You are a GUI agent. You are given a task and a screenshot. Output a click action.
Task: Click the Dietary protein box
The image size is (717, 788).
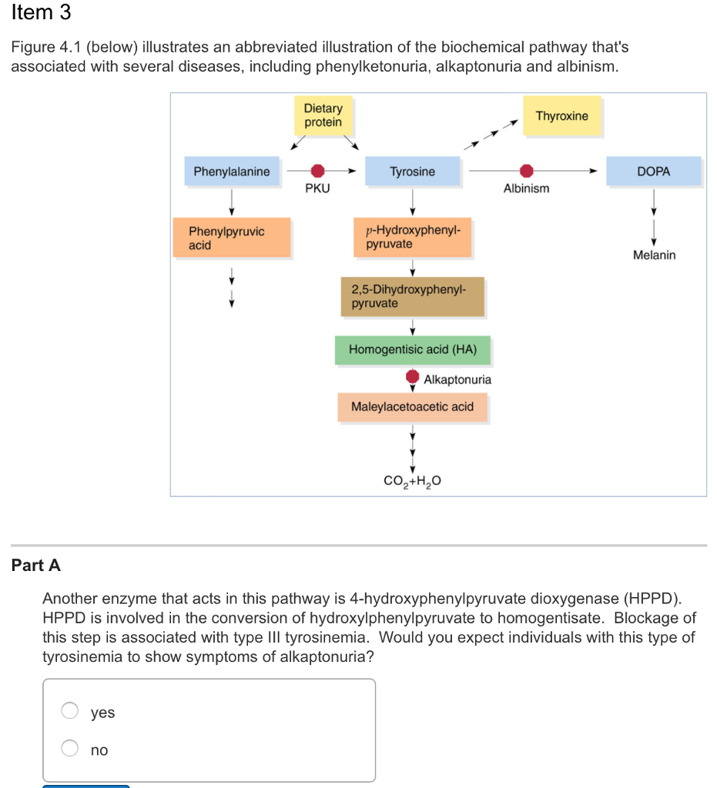(323, 115)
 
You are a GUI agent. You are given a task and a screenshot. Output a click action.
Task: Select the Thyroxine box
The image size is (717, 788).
(561, 116)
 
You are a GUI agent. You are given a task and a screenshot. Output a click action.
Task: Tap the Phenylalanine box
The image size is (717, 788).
(231, 172)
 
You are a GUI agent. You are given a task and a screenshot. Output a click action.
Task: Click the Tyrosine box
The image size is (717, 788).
(413, 172)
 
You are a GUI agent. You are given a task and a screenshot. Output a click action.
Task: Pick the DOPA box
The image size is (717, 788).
(654, 172)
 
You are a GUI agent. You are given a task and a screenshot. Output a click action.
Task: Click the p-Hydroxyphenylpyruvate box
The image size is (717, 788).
(413, 237)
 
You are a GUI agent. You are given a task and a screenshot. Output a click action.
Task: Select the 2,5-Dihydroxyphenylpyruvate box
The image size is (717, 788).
(413, 297)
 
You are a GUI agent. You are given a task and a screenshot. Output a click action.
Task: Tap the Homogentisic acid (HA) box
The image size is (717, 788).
(413, 349)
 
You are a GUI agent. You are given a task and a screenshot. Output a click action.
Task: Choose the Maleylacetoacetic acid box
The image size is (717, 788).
(413, 406)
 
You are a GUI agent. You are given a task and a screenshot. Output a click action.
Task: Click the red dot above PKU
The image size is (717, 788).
(317, 171)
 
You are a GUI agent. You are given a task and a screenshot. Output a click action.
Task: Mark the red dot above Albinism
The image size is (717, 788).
(526, 171)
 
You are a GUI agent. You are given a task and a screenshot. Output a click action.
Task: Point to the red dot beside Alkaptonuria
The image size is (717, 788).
(413, 377)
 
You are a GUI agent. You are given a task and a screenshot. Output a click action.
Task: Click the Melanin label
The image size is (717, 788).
(654, 255)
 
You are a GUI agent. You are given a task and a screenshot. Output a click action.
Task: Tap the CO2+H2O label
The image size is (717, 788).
(413, 482)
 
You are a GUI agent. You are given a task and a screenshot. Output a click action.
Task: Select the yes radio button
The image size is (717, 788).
(70, 712)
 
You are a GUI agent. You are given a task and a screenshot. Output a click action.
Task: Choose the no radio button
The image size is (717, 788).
(70, 749)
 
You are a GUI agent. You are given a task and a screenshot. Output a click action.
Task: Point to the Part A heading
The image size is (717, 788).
(36, 566)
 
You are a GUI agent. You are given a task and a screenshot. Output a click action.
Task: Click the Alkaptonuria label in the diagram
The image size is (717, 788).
(457, 379)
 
